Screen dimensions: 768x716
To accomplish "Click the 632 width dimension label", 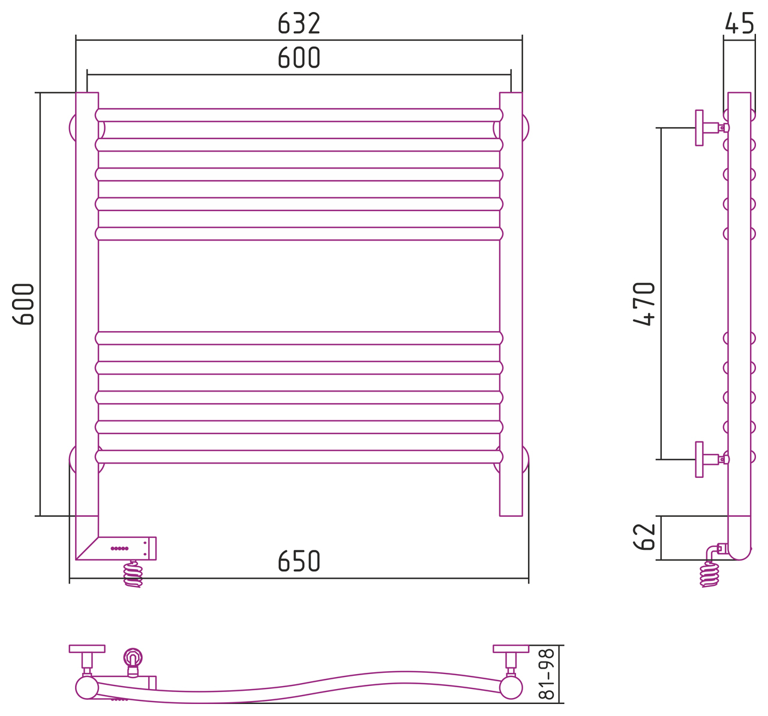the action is (x=299, y=23).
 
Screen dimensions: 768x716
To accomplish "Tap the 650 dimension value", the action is (x=299, y=561).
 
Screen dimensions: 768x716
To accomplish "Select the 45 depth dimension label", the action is (x=739, y=23).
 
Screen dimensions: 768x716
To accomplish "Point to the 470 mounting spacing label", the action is (x=644, y=304).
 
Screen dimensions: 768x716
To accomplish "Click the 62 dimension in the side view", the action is (x=644, y=537).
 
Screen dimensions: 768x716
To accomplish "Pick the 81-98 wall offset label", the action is (x=547, y=675).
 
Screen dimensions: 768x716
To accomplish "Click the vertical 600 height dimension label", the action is (x=23, y=304).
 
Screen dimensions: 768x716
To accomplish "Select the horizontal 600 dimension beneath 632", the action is (x=299, y=58).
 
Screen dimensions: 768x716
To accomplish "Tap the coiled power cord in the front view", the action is (x=133, y=574).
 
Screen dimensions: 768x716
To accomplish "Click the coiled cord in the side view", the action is (x=710, y=574).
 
